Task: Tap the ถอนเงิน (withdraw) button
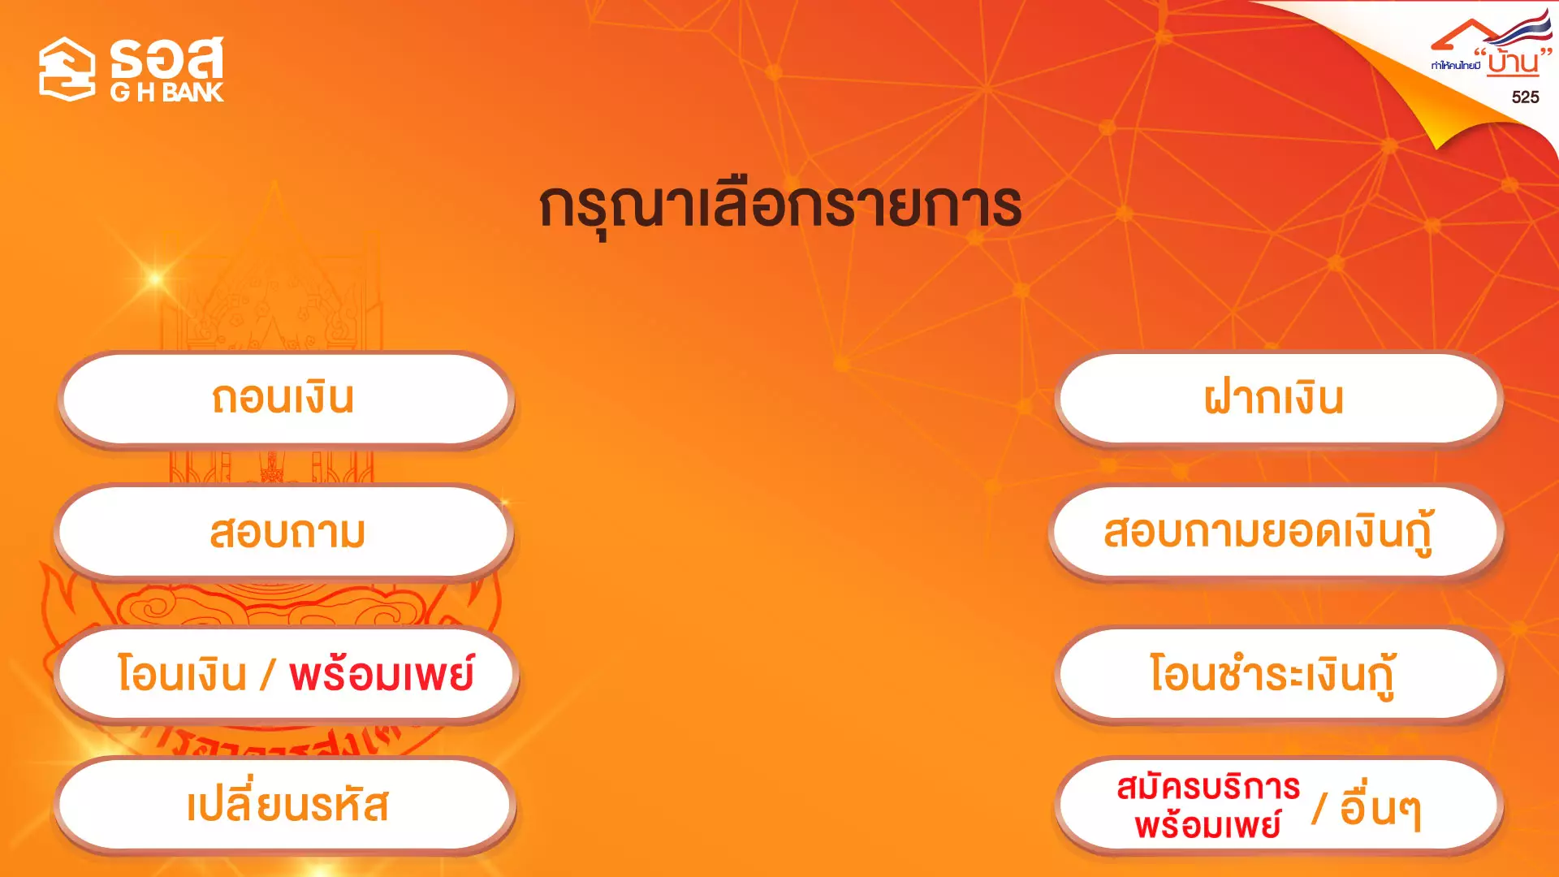coord(286,399)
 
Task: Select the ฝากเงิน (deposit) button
coord(1279,399)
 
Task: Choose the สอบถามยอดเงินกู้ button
coord(1276,533)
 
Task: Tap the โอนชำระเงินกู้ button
coord(1279,674)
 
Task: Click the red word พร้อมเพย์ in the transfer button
coord(382,675)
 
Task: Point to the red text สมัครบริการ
coord(1208,787)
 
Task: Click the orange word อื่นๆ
coord(1380,809)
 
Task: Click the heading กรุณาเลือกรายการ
coord(780,207)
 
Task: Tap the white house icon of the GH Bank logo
coord(67,69)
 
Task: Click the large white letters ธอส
coord(166,58)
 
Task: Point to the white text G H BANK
coord(166,93)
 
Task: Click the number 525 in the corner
coord(1525,97)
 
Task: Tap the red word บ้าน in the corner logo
coord(1514,62)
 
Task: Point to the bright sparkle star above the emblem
coord(155,279)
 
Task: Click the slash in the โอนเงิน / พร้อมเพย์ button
coord(268,675)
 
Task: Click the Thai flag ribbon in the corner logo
coord(1523,28)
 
